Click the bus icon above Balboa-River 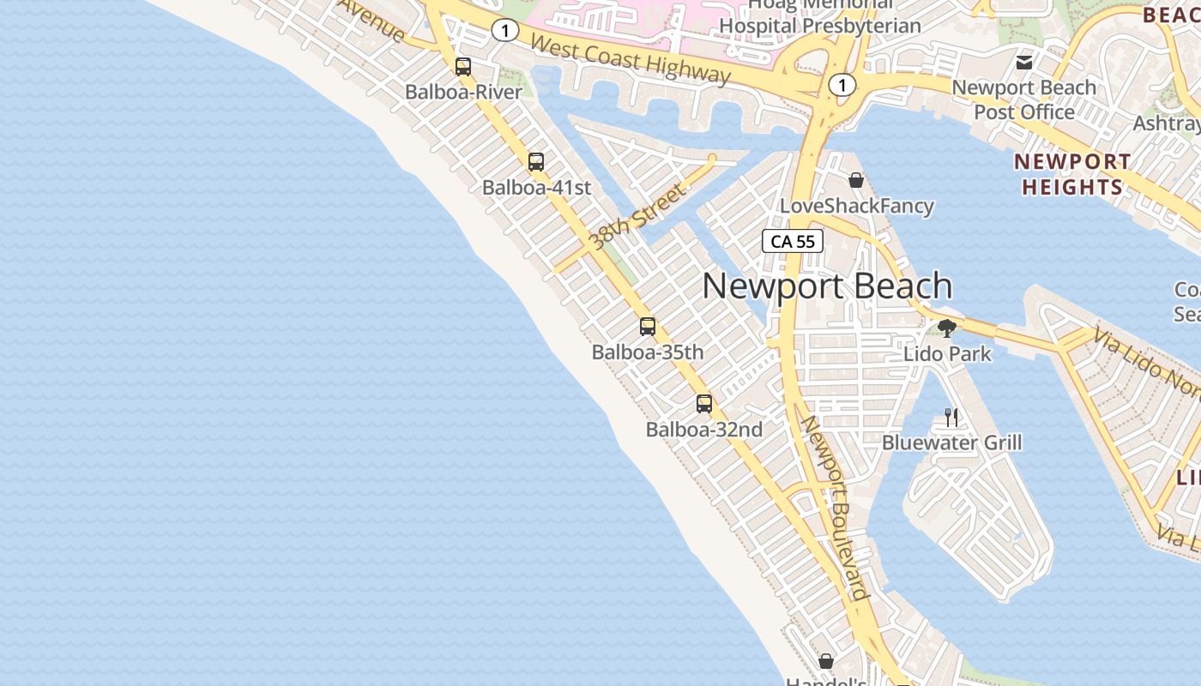point(463,67)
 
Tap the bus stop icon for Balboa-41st point(536,161)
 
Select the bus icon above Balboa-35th point(648,326)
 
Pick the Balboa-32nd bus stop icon point(704,403)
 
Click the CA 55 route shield point(793,241)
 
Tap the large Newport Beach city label point(827,286)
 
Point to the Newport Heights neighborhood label point(1072,174)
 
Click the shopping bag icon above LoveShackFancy point(856,180)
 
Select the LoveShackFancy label point(856,206)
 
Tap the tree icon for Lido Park point(947,328)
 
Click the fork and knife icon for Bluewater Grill point(951,417)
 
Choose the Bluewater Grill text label point(951,442)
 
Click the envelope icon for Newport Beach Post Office point(1023,62)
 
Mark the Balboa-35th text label point(648,352)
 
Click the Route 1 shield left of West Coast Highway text point(505,31)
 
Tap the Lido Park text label point(947,353)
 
